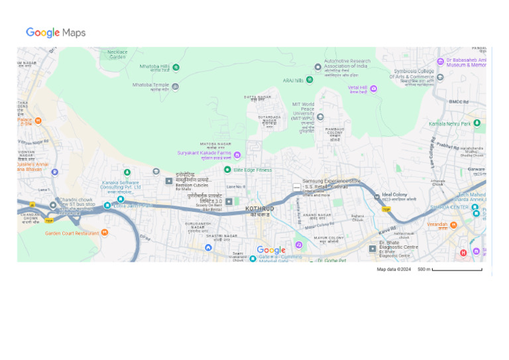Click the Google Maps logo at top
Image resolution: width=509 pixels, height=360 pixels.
[x=56, y=32]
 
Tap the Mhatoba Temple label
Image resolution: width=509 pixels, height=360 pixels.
[x=151, y=85]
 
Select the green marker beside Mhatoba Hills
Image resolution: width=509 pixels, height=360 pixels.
[x=176, y=67]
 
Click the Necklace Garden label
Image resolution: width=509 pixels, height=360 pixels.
[x=117, y=54]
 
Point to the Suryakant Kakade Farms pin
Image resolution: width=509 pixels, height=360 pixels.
[x=237, y=154]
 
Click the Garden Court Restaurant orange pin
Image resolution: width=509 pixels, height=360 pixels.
[x=104, y=232]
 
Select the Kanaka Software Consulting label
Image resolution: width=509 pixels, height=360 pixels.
[x=121, y=184]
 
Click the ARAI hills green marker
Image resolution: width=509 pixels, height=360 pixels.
[x=310, y=80]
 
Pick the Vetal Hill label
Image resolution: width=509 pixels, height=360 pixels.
[x=357, y=88]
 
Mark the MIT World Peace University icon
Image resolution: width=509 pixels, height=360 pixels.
[x=320, y=117]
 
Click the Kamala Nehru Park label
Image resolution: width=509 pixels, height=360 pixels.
[x=449, y=124]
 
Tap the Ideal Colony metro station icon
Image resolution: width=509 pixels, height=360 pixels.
[x=376, y=196]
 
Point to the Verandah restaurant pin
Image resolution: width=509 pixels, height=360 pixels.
[x=453, y=225]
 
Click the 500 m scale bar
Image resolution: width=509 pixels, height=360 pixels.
[x=457, y=269]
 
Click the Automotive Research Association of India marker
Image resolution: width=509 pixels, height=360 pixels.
[x=317, y=67]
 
